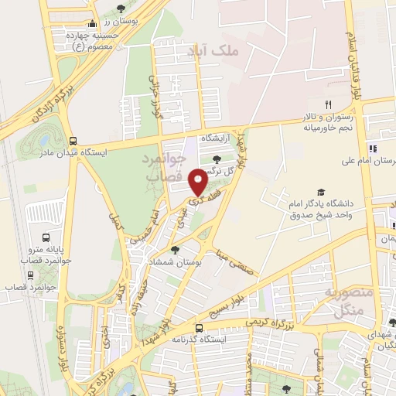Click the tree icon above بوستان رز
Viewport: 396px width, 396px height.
[120, 9]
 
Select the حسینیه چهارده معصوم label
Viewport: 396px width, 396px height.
[92, 40]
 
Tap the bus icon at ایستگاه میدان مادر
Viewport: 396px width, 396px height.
[73, 142]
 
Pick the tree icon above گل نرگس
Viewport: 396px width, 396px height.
[216, 160]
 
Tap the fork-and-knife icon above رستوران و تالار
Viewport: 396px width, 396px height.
[328, 105]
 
